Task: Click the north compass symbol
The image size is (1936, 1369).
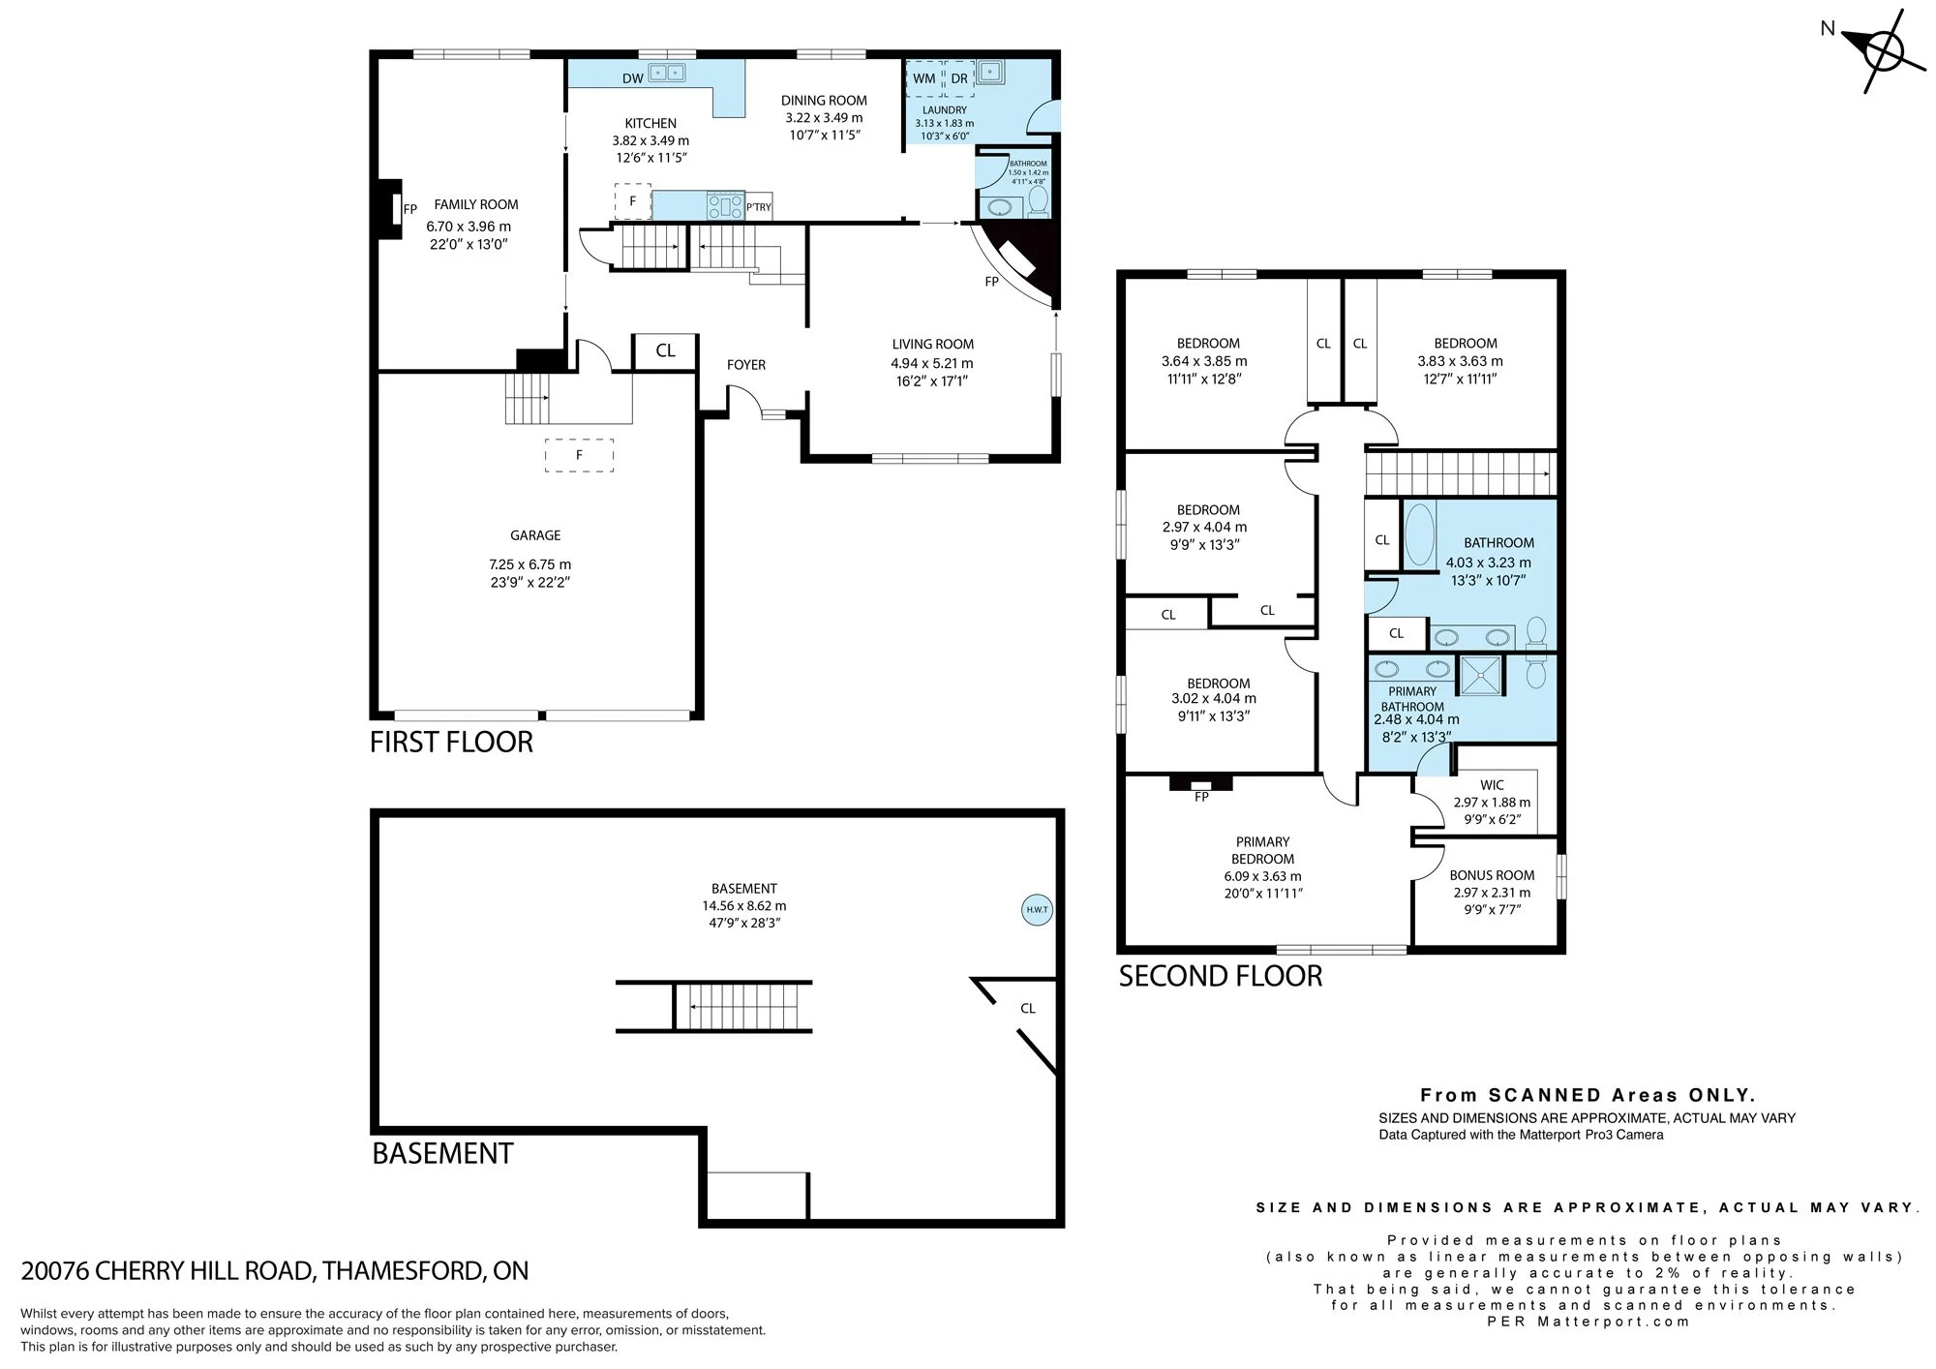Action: click(1883, 50)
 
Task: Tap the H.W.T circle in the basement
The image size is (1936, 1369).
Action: click(1037, 910)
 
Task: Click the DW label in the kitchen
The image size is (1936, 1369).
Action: click(632, 78)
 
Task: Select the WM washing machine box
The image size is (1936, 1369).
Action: click(924, 78)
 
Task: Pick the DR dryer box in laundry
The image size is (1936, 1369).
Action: click(958, 78)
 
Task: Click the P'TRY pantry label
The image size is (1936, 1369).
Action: click(759, 207)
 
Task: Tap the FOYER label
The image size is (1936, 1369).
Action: click(746, 365)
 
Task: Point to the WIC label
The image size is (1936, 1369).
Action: click(1492, 785)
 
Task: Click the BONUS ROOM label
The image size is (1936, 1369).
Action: click(1492, 875)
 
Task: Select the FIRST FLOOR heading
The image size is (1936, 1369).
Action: click(451, 743)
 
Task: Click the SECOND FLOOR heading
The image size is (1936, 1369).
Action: click(1221, 976)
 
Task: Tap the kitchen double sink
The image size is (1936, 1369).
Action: click(667, 72)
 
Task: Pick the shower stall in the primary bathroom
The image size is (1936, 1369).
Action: click(1481, 676)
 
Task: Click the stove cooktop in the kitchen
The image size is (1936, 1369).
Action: click(725, 205)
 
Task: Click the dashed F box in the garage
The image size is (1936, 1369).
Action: click(579, 455)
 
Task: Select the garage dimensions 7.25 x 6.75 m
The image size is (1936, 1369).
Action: click(530, 564)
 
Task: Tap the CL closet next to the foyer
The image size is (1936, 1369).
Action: click(665, 350)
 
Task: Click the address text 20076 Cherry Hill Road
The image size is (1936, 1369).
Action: click(275, 1271)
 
